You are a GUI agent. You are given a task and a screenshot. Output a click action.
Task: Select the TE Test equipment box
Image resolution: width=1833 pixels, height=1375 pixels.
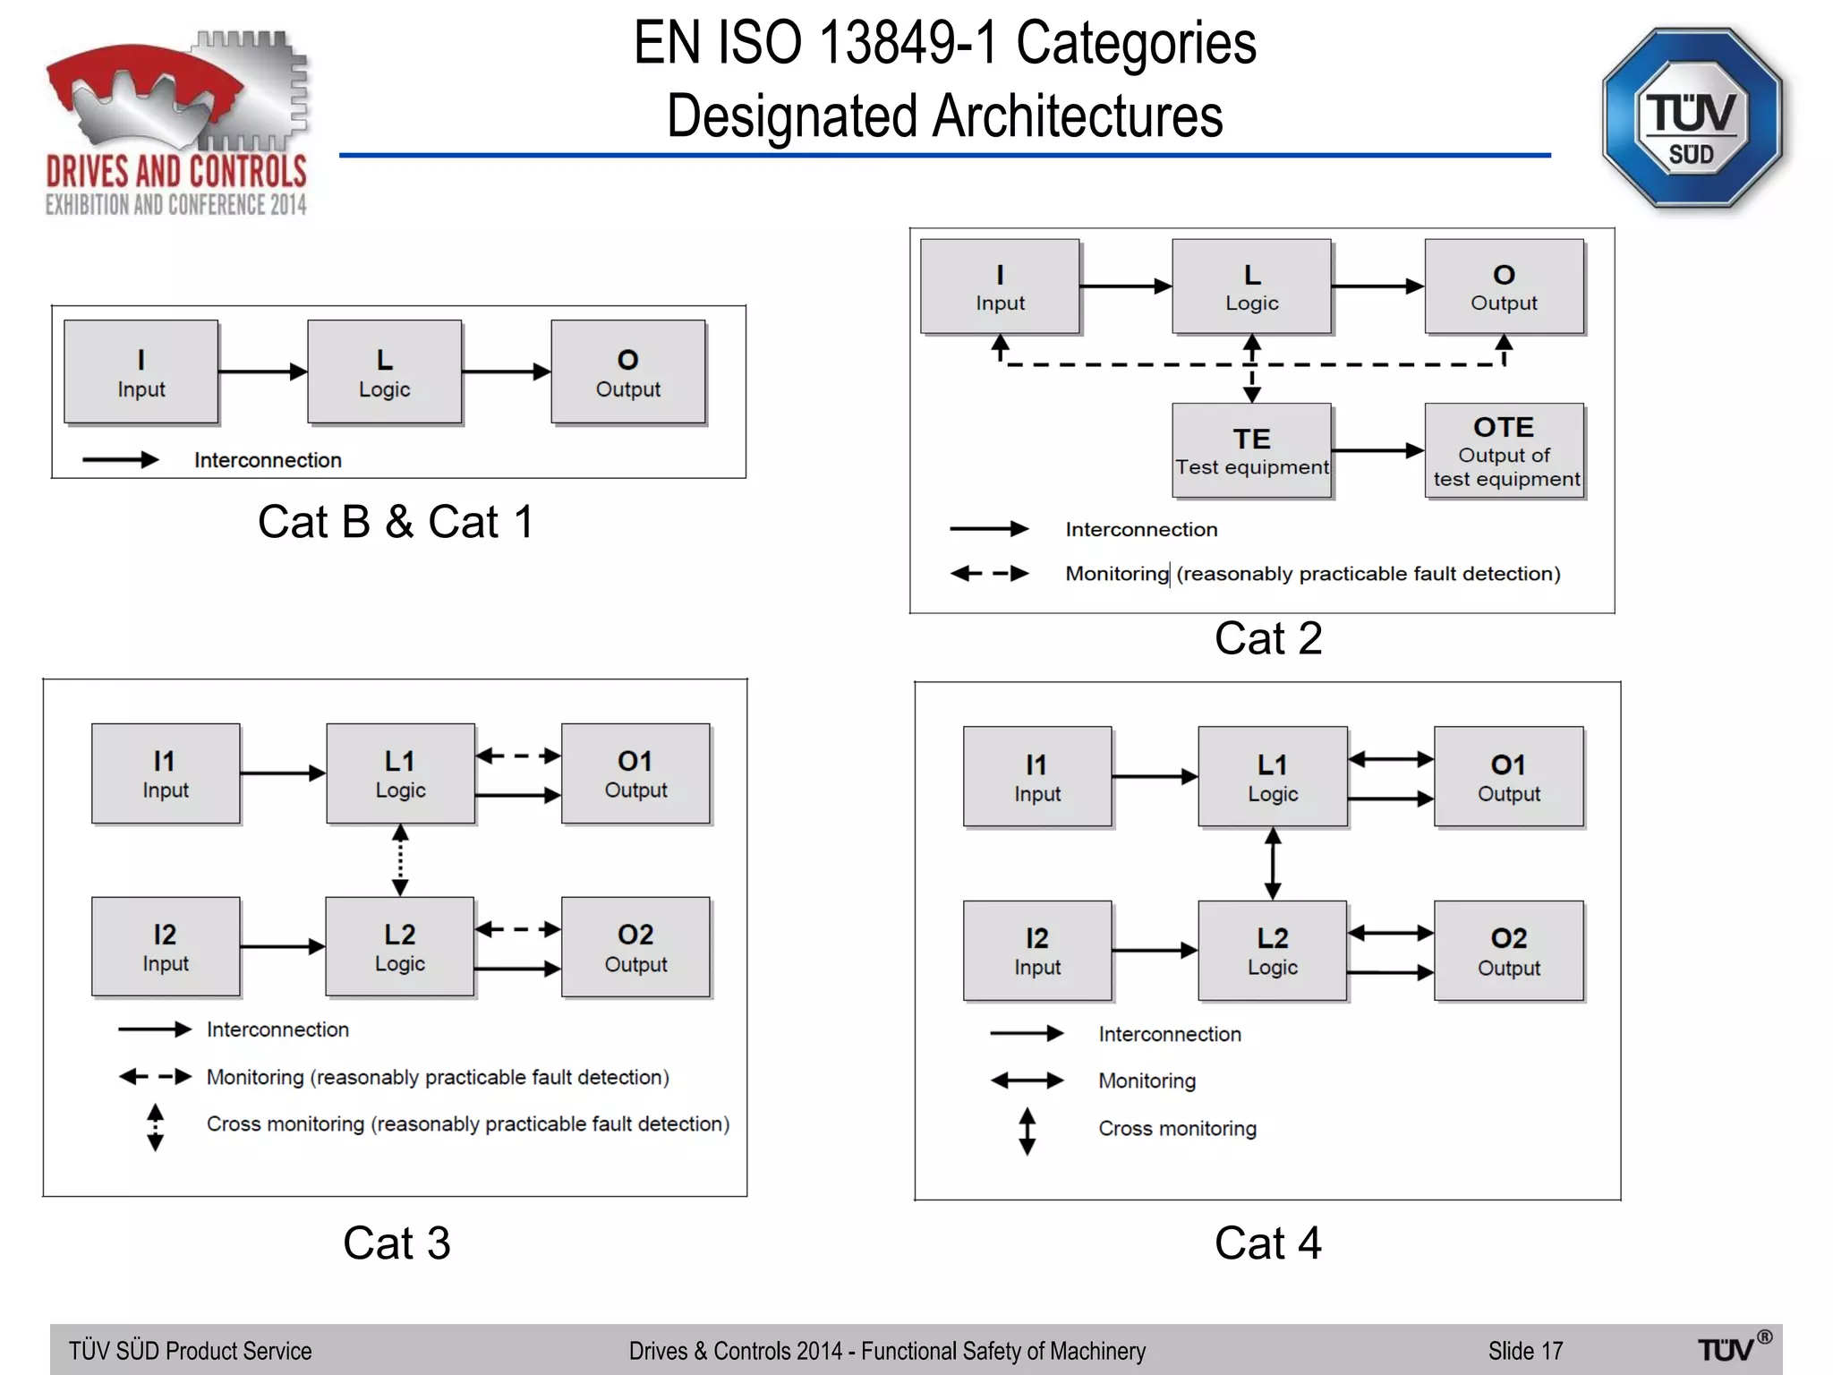[x=1251, y=450]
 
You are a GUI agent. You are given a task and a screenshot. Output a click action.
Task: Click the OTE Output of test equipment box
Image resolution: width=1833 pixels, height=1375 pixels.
[x=1505, y=450]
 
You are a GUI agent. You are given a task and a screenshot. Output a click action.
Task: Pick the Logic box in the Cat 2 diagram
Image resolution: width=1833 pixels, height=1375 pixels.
[x=1251, y=286]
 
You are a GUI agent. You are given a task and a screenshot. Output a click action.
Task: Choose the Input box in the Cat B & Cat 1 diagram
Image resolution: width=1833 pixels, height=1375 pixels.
[x=141, y=372]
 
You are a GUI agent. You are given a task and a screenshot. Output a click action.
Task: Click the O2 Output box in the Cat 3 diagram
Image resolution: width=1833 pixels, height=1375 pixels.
[x=635, y=947]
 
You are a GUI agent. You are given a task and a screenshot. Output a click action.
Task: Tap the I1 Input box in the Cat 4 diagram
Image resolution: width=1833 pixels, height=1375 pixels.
[x=1037, y=776]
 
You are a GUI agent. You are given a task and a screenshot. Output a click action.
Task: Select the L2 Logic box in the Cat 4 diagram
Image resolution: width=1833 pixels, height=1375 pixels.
[x=1272, y=950]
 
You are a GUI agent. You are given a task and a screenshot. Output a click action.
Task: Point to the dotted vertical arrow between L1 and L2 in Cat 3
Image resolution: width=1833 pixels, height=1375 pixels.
[x=400, y=860]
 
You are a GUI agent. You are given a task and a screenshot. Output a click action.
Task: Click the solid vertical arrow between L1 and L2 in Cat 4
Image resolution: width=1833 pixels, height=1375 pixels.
[x=1273, y=864]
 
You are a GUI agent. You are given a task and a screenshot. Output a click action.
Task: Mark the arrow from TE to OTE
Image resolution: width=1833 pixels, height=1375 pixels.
[x=1377, y=450]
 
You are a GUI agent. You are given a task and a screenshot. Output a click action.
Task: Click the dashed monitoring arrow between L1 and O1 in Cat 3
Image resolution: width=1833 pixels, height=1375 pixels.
[x=517, y=756]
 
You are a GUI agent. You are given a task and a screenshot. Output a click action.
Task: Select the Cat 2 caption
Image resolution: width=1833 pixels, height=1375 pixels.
[x=1267, y=639]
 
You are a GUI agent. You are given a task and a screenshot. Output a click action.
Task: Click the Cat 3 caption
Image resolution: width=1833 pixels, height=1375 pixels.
[x=396, y=1243]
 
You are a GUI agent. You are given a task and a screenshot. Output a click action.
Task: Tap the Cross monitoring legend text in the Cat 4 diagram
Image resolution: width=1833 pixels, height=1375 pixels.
[x=1177, y=1129]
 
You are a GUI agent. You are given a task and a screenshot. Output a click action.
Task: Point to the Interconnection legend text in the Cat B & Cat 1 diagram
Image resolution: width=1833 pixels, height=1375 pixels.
[x=268, y=460]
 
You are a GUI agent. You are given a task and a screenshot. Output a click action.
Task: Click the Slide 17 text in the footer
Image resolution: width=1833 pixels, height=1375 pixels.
[x=1525, y=1351]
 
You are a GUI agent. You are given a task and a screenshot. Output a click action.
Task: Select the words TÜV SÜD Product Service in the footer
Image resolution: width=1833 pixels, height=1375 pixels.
[x=191, y=1351]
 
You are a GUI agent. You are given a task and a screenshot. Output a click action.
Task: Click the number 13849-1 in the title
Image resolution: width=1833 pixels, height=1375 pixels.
[x=908, y=43]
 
